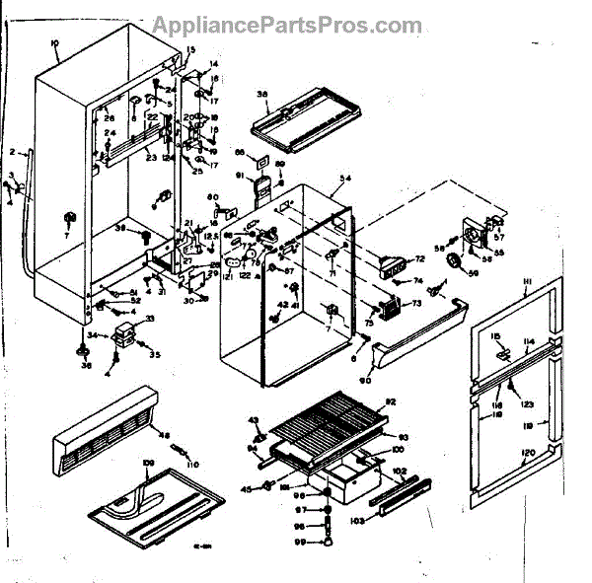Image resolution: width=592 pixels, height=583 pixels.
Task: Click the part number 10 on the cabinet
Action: tap(54, 45)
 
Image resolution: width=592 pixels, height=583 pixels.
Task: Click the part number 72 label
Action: tap(419, 258)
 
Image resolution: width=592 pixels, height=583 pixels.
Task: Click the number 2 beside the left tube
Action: tap(14, 153)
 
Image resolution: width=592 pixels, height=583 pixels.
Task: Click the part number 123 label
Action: tap(527, 405)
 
